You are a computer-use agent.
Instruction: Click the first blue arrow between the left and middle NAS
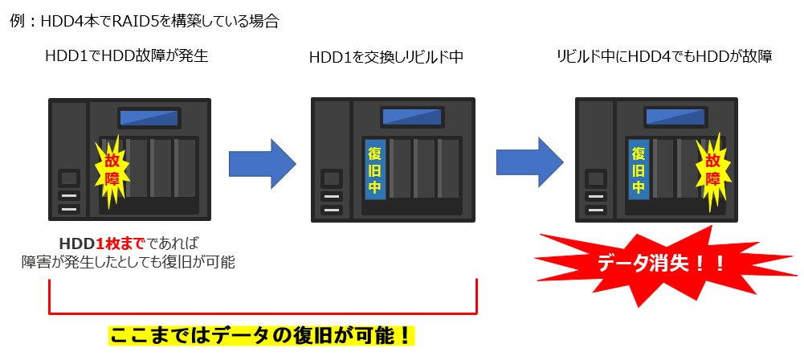pyautogui.click(x=262, y=163)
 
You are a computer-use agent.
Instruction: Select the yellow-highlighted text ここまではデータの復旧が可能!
pyautogui.click(x=262, y=334)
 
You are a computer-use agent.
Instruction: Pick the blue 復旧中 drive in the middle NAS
pyautogui.click(x=374, y=170)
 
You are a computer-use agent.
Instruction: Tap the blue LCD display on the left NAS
pyautogui.click(x=149, y=118)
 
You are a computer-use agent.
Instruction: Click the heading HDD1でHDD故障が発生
pyautogui.click(x=133, y=56)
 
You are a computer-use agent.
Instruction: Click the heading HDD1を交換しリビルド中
pyautogui.click(x=386, y=57)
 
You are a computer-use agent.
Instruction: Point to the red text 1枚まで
pyautogui.click(x=120, y=243)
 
